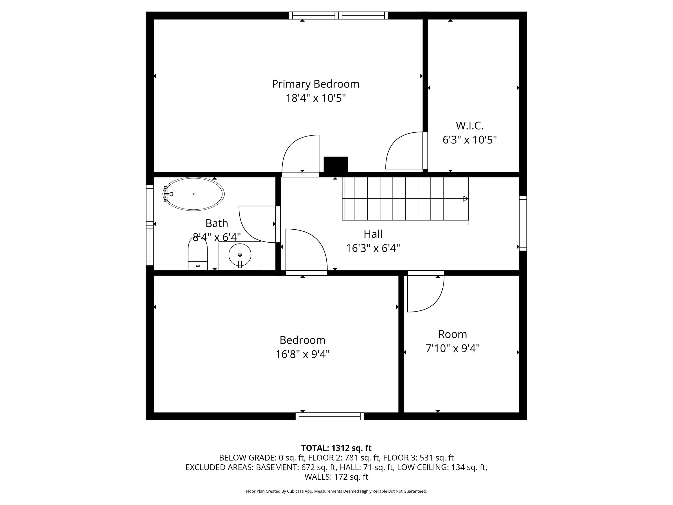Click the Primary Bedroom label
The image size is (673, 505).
(x=315, y=84)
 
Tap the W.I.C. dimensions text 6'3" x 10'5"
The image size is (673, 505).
(x=470, y=140)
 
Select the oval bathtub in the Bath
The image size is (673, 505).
(x=194, y=194)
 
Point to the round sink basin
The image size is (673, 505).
(x=240, y=255)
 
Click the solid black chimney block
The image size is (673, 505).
(x=336, y=165)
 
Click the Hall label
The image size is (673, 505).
(x=373, y=234)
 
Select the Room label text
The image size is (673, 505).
(x=452, y=334)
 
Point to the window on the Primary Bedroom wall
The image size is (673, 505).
(x=338, y=15)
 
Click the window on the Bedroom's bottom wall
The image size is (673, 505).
(x=330, y=416)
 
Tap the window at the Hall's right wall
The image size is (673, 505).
(x=523, y=223)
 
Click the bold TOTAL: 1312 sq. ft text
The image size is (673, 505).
(x=336, y=448)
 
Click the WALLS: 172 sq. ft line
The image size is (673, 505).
(x=336, y=477)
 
